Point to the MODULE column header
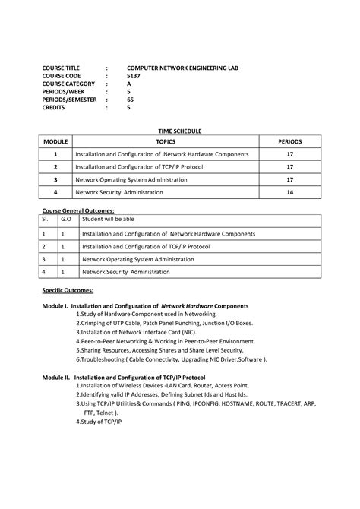55,142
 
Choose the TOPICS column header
166,142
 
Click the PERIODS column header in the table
290,142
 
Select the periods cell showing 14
290,193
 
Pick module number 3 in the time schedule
55,180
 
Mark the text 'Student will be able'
108,219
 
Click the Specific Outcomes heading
68,290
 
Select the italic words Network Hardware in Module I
187,305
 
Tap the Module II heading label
55,377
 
